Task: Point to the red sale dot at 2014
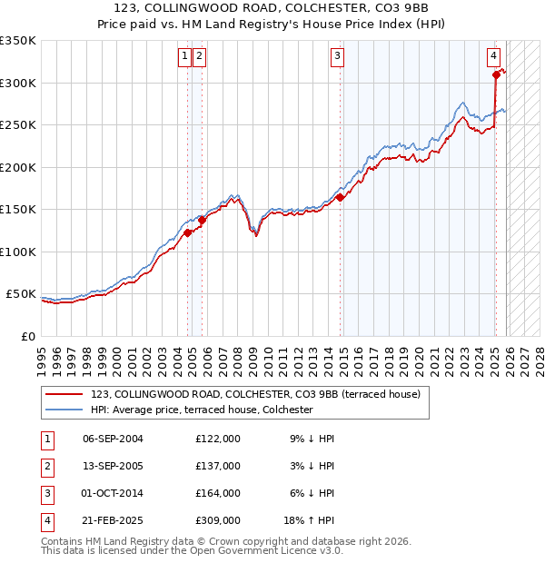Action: point(340,197)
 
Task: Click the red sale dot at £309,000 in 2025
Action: point(496,75)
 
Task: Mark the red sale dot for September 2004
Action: point(188,232)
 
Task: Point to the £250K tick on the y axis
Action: point(18,125)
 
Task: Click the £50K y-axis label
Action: point(22,294)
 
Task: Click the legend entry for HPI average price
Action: point(202,410)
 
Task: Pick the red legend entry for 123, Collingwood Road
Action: point(255,395)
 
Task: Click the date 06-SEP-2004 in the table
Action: point(113,439)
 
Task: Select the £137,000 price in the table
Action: point(217,466)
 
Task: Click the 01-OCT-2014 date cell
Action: point(113,493)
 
